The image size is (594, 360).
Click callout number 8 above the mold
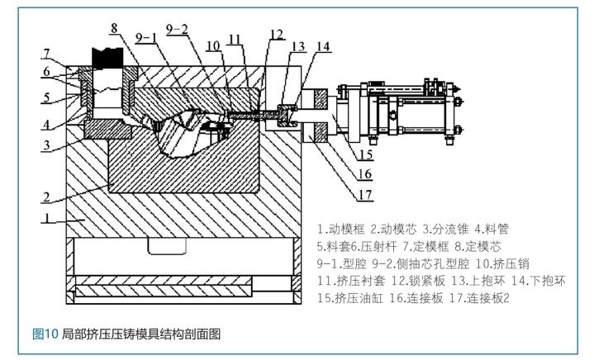coord(114,28)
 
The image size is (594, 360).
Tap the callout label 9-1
coord(146,37)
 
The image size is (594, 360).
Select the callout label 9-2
coord(177,29)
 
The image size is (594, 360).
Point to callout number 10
coord(213,45)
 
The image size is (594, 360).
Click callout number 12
coord(277,35)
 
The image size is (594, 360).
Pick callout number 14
coord(324,46)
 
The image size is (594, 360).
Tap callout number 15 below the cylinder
coord(366,154)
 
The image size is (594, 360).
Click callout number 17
coord(365,195)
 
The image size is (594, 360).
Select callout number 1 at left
coord(47,218)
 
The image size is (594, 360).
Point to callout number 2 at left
coord(46,197)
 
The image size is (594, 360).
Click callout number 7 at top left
coord(46,54)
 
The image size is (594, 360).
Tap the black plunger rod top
coord(108,59)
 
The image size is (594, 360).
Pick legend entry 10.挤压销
coord(502,263)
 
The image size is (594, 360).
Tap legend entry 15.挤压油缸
coord(350,298)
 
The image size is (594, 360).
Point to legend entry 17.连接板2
coord(480,298)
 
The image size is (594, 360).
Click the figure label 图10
coord(45,334)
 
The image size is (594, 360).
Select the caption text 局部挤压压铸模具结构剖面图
coord(141,334)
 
